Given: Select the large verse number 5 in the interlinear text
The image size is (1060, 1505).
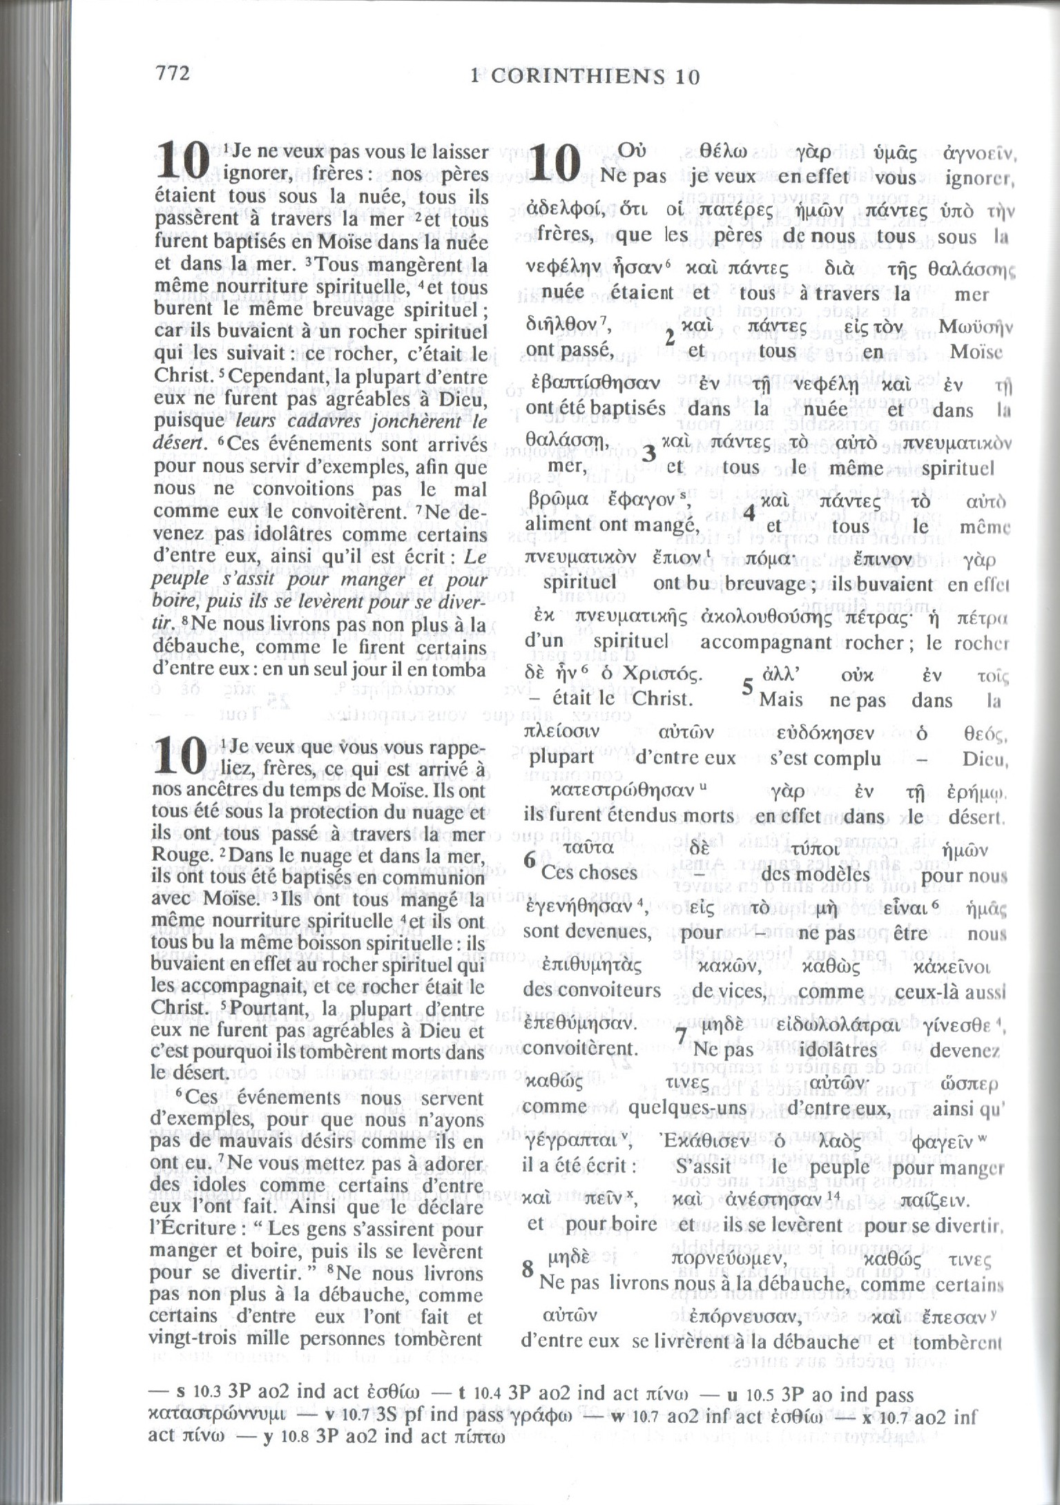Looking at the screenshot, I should [748, 687].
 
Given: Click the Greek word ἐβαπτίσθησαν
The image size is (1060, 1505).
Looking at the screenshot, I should [592, 382].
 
